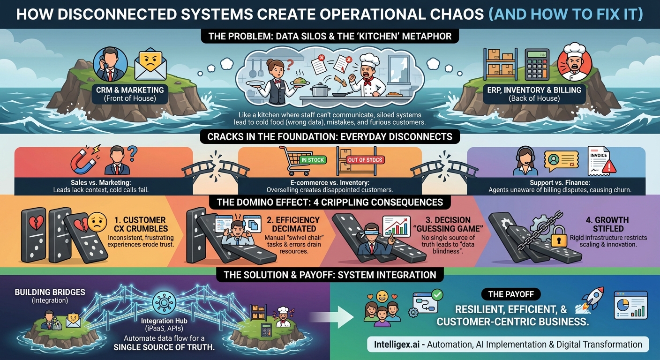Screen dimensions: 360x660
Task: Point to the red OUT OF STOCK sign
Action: click(x=365, y=160)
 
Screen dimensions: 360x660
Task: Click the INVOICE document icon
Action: click(x=602, y=161)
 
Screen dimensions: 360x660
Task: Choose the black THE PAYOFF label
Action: click(x=511, y=294)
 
